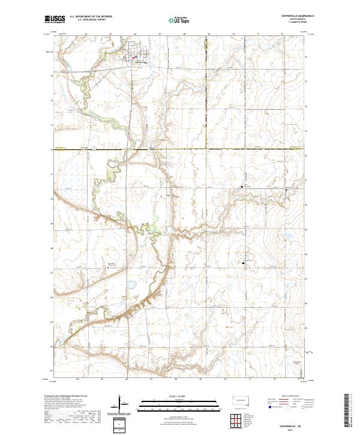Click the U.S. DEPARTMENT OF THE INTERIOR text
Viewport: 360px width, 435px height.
tap(91, 17)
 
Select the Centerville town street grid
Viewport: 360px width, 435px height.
tap(133, 54)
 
